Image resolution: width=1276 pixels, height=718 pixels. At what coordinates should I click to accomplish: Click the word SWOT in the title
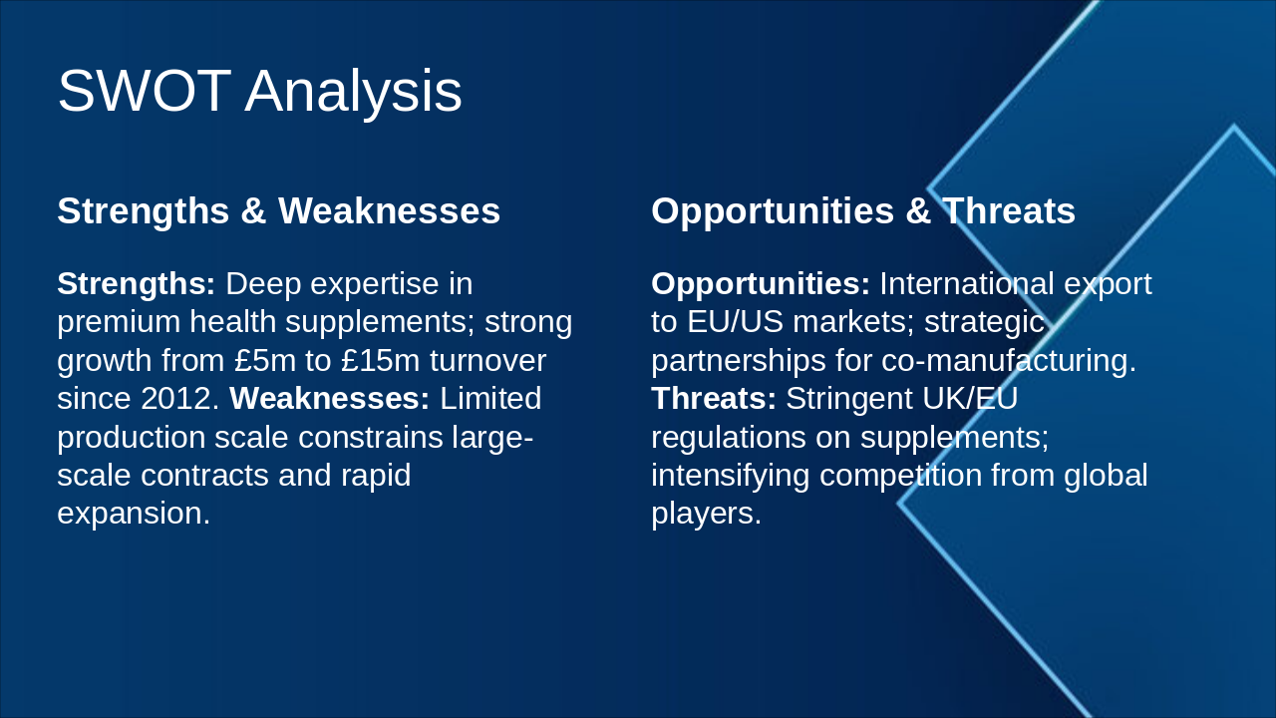pos(145,91)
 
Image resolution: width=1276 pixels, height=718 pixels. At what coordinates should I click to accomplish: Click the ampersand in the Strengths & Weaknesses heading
pos(253,211)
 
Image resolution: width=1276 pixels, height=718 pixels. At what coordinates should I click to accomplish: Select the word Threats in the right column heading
pos(1008,211)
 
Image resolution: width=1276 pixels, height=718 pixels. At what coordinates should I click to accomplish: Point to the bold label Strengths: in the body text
pos(137,285)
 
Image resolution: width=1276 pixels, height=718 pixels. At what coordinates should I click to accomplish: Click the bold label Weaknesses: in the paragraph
pos(329,398)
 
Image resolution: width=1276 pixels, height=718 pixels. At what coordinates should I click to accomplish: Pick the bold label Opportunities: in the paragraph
pos(761,285)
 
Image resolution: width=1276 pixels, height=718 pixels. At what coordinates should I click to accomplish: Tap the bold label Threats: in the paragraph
pos(714,398)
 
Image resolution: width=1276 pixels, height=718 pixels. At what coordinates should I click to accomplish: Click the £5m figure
pos(265,361)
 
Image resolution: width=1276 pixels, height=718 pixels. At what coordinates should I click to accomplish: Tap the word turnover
pos(488,361)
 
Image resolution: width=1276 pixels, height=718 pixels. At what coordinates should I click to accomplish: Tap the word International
pos(967,284)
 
